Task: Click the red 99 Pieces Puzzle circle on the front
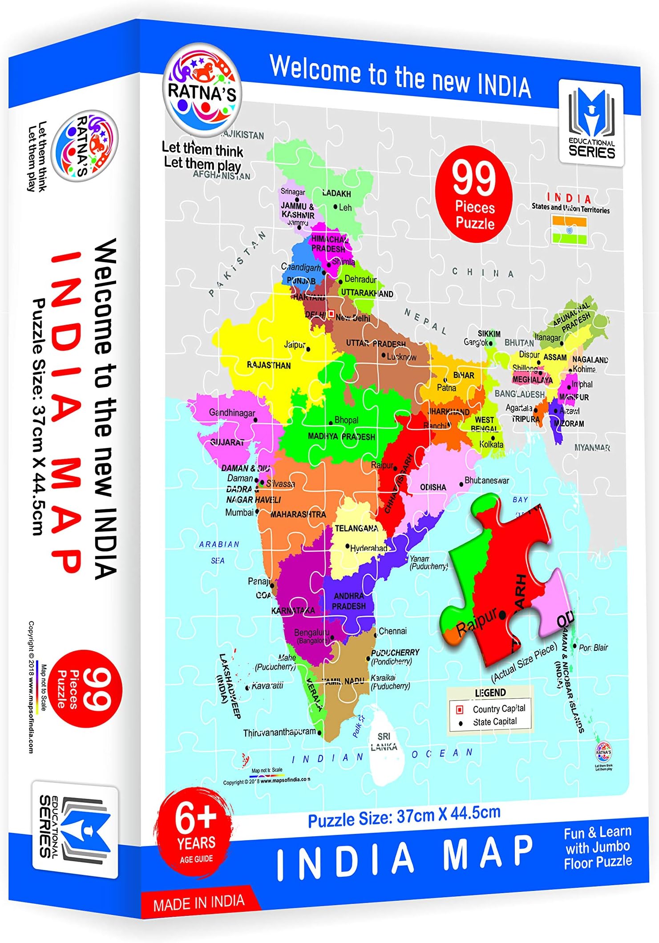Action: (x=473, y=194)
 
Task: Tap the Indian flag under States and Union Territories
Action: (x=570, y=230)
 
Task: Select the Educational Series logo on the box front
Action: (x=591, y=123)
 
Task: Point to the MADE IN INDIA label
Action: (x=198, y=903)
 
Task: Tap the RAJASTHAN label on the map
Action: (x=269, y=365)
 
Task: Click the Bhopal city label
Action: (x=346, y=420)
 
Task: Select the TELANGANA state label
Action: (x=356, y=528)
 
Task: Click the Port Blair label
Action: (x=593, y=648)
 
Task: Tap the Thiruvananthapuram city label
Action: (x=279, y=732)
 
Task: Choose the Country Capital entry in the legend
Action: (x=499, y=709)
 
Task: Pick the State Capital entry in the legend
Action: (x=495, y=722)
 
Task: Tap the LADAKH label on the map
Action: (x=337, y=193)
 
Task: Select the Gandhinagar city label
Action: (x=232, y=413)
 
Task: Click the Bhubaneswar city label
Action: (x=487, y=480)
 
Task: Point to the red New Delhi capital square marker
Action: (x=331, y=314)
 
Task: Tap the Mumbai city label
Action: (x=239, y=512)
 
